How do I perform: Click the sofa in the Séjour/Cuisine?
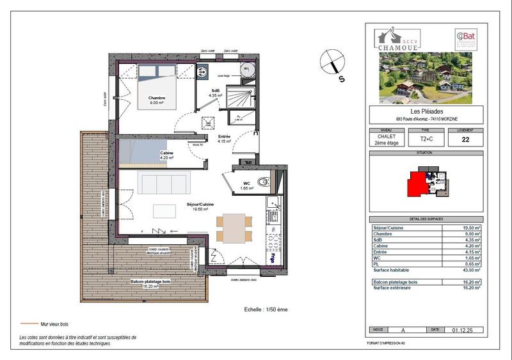[163, 183]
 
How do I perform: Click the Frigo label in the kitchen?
[273, 259]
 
